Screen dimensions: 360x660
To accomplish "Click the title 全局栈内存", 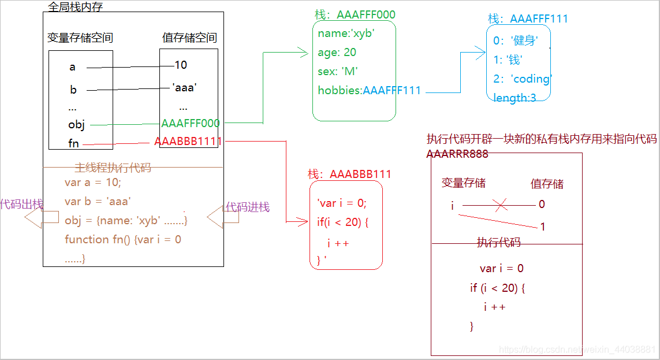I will (76, 8).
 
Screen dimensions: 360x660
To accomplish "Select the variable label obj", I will (76, 124).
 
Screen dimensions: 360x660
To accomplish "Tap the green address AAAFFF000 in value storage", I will (191, 123).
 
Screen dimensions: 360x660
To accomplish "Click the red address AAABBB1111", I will (188, 142).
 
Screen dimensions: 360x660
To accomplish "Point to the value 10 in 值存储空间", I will (181, 65).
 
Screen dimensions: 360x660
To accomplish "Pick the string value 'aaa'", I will (185, 88).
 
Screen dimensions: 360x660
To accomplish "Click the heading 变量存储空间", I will (80, 39).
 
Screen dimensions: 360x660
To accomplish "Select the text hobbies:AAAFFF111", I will (369, 90).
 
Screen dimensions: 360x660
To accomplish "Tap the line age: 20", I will (337, 53).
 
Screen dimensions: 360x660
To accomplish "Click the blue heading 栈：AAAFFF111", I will (528, 19).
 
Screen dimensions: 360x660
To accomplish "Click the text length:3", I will (514, 98).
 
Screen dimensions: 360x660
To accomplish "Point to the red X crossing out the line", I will (501, 204).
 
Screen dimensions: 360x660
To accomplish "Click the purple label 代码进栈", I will (247, 207).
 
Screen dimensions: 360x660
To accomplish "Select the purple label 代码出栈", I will (21, 204).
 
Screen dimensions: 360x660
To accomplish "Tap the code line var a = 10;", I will (93, 183).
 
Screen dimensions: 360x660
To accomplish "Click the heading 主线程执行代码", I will (113, 168).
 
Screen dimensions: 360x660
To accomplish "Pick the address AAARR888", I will (457, 154).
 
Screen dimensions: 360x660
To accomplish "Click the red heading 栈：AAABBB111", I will (349, 174).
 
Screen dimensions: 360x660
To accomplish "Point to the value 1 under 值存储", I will (542, 227).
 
